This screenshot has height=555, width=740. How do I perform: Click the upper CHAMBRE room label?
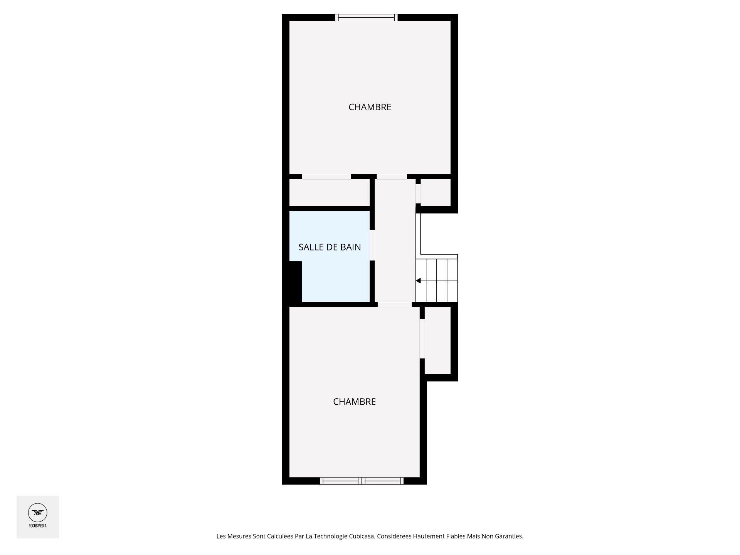pyautogui.click(x=370, y=107)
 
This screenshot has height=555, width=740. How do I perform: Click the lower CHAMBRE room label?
pyautogui.click(x=354, y=402)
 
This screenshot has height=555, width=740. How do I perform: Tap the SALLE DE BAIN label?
pyautogui.click(x=330, y=247)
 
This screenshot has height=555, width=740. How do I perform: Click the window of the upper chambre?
pyautogui.click(x=366, y=17)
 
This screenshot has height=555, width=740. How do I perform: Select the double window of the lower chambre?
pyautogui.click(x=362, y=481)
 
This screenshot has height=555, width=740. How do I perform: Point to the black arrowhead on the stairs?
pyautogui.click(x=418, y=281)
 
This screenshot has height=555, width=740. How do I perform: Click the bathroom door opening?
pyautogui.click(x=372, y=245)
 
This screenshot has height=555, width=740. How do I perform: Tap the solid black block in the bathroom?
pyautogui.click(x=295, y=282)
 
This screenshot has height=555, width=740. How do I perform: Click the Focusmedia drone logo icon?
pyautogui.click(x=37, y=513)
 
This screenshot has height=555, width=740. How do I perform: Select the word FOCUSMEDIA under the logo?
pyautogui.click(x=37, y=526)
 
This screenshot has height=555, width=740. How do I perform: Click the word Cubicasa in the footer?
pyautogui.click(x=362, y=536)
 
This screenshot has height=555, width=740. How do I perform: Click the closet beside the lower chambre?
pyautogui.click(x=437, y=340)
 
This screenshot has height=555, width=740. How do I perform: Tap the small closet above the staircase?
pyautogui.click(x=436, y=192)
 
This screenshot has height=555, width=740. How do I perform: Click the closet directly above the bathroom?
pyautogui.click(x=329, y=192)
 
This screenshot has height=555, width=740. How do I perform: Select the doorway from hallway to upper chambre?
pyautogui.click(x=392, y=177)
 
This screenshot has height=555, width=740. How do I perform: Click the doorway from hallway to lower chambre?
pyautogui.click(x=394, y=304)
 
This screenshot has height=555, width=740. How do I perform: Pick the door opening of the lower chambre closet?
pyautogui.click(x=422, y=339)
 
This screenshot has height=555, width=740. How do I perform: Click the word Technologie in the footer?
pyautogui.click(x=330, y=536)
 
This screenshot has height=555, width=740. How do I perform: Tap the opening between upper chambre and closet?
pyautogui.click(x=326, y=177)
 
